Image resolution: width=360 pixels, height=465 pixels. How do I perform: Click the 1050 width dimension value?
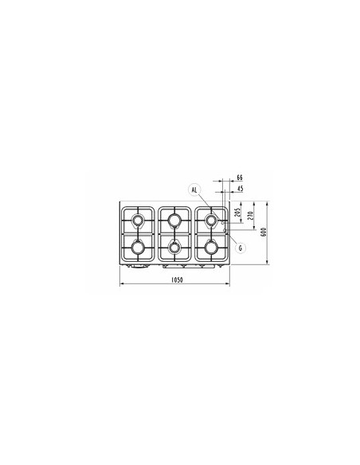coord(178,279)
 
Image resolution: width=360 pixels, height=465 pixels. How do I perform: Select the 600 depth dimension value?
coord(264,232)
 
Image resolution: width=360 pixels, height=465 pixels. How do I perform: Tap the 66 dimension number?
coord(240,178)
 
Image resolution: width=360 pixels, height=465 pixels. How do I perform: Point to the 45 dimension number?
coord(241,189)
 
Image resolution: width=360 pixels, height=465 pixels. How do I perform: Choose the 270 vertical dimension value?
coord(250,214)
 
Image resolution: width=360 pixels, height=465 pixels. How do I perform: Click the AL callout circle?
coord(194,190)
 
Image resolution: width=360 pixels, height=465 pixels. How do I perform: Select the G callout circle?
coord(241,248)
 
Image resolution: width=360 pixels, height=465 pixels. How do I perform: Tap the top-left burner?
coord(138,221)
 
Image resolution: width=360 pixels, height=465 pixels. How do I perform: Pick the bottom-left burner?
coord(138,247)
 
